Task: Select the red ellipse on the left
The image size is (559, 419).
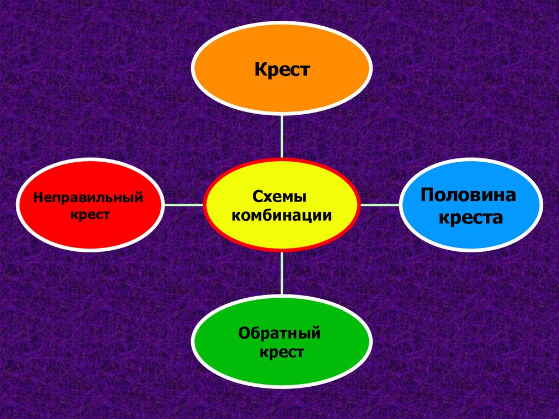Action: tap(91, 229)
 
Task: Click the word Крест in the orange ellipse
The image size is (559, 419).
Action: tap(282, 70)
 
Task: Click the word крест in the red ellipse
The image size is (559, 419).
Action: tap(91, 214)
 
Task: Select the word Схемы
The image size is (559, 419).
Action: tap(279, 196)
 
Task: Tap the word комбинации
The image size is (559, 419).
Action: tap(282, 215)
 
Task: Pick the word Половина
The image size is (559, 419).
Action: tap(469, 196)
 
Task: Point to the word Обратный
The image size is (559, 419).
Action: tap(279, 333)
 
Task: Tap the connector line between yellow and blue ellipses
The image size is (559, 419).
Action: tap(380, 205)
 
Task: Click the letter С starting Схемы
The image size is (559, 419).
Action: tap(257, 196)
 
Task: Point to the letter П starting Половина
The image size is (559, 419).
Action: tap(428, 195)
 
